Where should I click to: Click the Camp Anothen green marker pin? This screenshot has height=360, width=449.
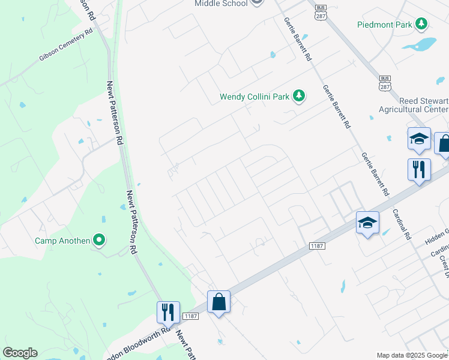99,241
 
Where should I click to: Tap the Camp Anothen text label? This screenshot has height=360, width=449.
61,241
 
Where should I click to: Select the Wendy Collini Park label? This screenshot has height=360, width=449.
255,96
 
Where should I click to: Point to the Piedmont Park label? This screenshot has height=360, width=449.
385,25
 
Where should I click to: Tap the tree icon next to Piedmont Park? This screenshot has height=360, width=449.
423,24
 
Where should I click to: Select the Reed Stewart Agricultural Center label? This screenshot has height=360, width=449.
414,105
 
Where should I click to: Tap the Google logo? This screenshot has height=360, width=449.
20,353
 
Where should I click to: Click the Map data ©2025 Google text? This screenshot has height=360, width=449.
412,355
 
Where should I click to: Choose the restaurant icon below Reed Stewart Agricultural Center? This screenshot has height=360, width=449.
418,170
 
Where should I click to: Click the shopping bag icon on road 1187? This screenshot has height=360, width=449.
219,302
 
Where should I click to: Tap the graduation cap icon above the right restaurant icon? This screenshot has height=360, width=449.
419,140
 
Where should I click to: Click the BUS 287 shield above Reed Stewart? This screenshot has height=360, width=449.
385,83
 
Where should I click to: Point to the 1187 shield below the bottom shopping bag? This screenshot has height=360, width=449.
191,316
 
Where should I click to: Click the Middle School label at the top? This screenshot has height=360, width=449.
221,4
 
